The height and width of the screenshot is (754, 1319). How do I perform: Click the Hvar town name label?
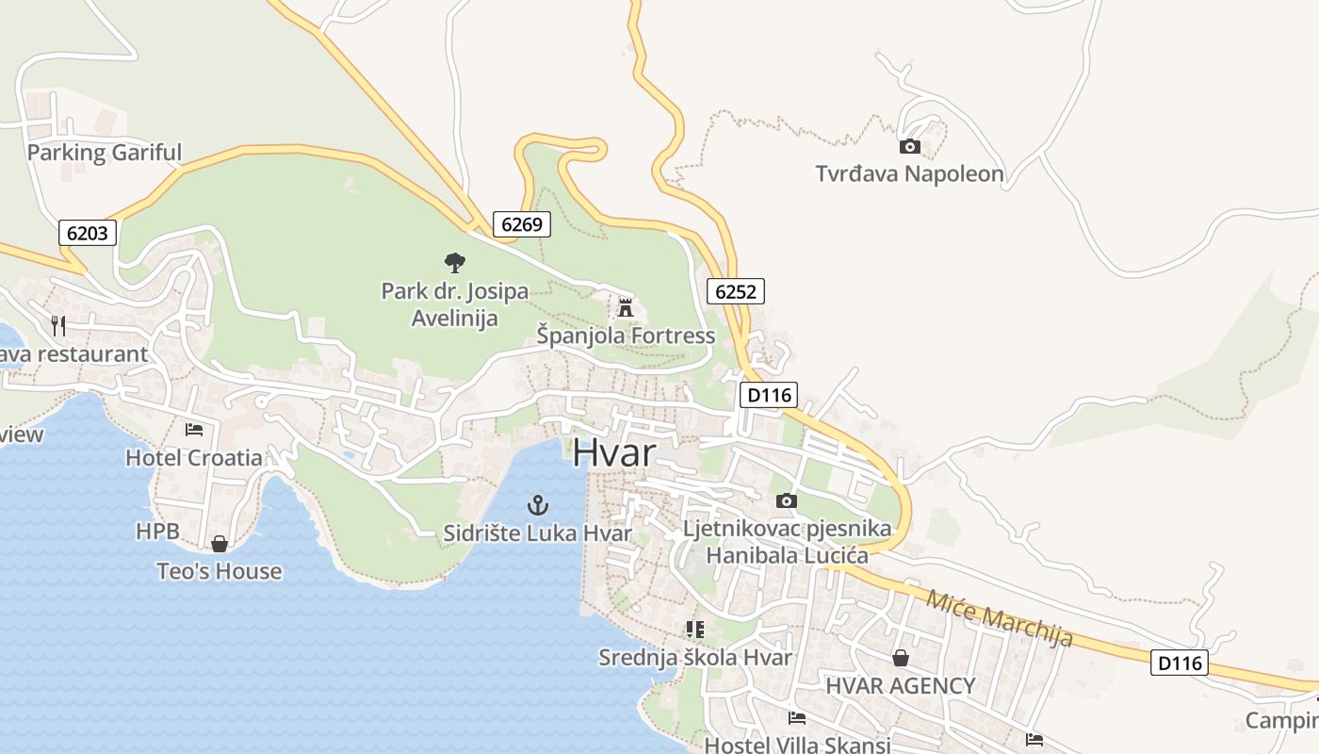pos(613,452)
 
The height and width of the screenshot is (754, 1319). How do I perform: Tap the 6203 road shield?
pos(88,233)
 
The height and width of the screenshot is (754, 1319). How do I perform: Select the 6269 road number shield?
pos(522,224)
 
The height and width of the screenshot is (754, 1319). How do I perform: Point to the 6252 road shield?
pos(735,291)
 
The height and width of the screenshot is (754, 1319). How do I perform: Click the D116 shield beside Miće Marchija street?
pos(1180,663)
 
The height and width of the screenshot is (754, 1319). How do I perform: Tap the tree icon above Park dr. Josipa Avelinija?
pos(455,263)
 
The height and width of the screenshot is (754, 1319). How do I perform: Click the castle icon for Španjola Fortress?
pos(625,307)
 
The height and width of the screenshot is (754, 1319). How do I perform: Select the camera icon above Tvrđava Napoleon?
pos(910,146)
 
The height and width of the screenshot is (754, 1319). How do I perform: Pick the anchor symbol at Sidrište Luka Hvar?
pos(537,505)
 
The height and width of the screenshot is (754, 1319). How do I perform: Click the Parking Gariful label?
pos(105,153)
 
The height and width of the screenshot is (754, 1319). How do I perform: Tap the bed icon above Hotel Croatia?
pos(194,430)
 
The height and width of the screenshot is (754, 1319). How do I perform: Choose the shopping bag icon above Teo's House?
pos(220,544)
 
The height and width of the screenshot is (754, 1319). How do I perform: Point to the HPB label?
pos(157,532)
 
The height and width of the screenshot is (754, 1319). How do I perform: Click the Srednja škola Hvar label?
pos(695,657)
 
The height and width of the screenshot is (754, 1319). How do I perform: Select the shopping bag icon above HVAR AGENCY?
pos(901,658)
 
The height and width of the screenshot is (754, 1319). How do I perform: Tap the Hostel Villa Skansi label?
pos(797,745)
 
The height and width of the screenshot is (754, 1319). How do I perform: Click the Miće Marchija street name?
pos(1000,618)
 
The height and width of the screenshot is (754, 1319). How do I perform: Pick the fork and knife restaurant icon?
pos(58,326)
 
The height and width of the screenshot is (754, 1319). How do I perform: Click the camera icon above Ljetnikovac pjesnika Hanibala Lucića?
pos(787,500)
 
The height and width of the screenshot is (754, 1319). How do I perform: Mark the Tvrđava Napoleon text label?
pos(910,174)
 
